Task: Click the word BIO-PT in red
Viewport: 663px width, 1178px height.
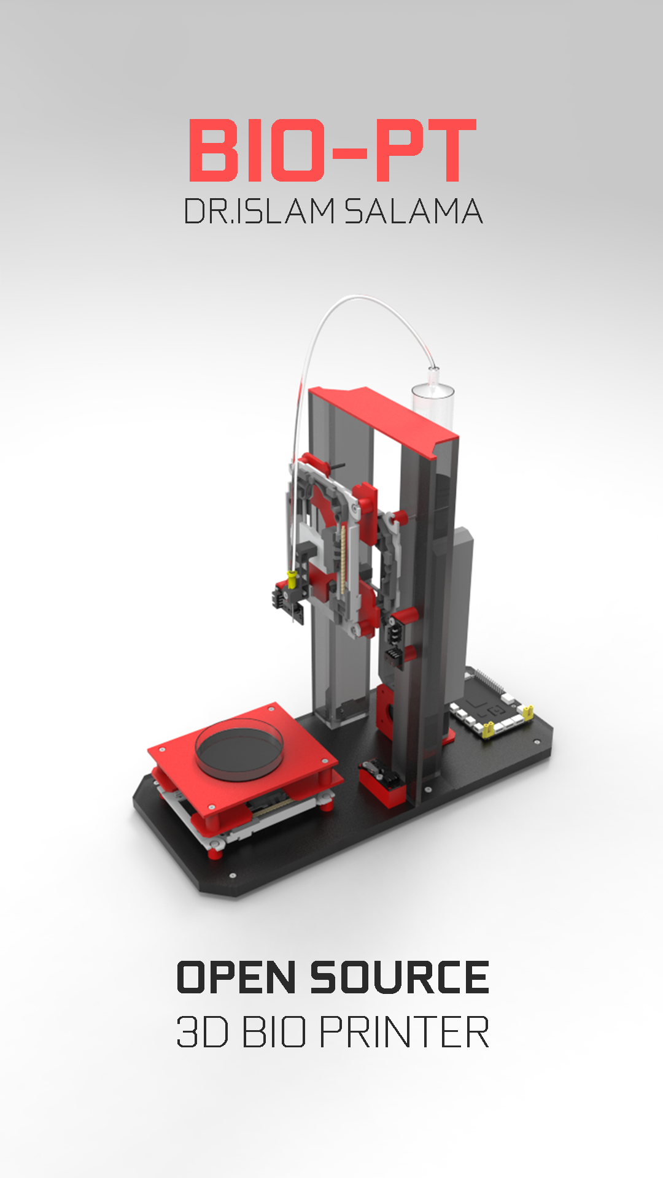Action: [332, 151]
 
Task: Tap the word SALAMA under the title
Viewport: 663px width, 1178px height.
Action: [413, 212]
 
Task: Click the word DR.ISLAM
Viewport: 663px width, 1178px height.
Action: [259, 212]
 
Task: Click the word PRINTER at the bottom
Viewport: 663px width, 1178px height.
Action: [404, 1033]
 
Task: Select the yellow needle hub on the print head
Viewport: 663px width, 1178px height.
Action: [292, 577]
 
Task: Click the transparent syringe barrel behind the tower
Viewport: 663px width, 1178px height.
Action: [432, 405]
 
